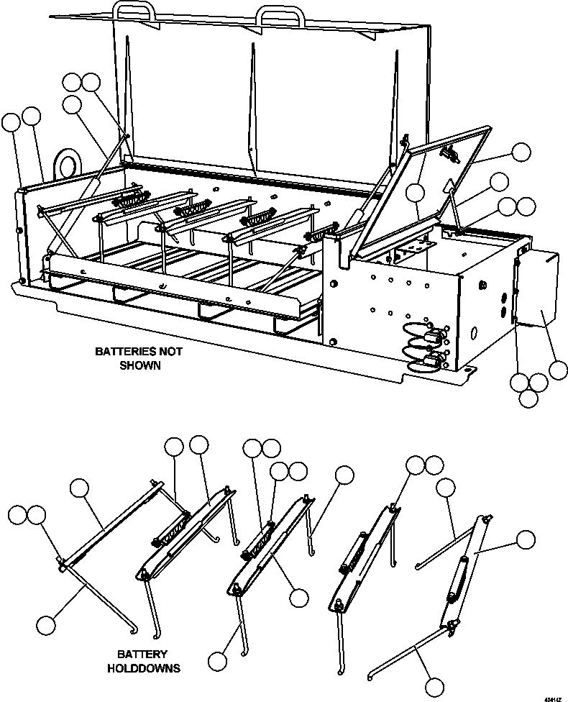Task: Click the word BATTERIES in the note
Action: [x=124, y=352]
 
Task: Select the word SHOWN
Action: [x=139, y=365]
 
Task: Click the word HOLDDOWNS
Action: [x=144, y=668]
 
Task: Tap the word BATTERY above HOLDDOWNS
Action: [x=143, y=655]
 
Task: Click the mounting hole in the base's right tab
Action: [x=467, y=370]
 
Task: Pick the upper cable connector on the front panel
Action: [x=434, y=335]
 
